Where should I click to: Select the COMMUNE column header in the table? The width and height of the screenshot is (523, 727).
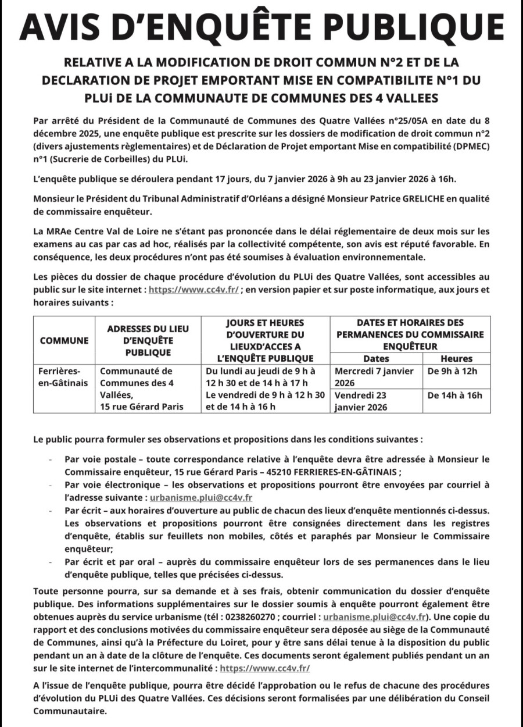64,341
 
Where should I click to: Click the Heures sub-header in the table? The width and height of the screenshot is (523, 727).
456,359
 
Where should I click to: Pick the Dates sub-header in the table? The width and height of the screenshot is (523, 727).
376,359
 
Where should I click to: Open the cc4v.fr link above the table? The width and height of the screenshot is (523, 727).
194,289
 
